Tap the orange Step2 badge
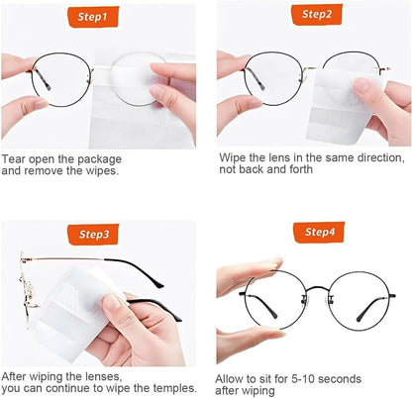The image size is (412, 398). (317, 14)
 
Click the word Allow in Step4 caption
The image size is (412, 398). (232, 379)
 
